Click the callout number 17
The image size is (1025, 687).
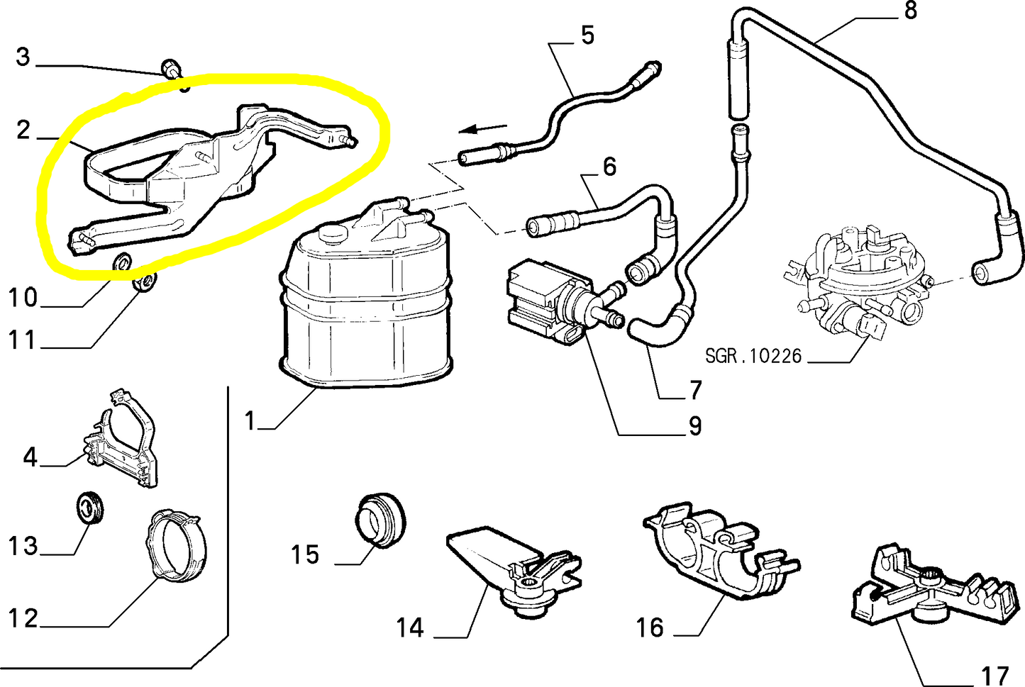pos(994,675)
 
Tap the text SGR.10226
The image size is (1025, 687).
pos(753,355)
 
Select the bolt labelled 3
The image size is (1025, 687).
pos(171,68)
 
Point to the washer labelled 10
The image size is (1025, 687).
pos(122,262)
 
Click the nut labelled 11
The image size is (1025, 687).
pos(145,283)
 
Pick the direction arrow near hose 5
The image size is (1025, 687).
pos(482,129)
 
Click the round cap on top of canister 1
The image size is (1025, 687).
pos(331,231)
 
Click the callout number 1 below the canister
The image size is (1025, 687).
pos(250,421)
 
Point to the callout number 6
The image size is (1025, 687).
pos(609,167)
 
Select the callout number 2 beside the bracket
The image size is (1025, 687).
pos(23,130)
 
